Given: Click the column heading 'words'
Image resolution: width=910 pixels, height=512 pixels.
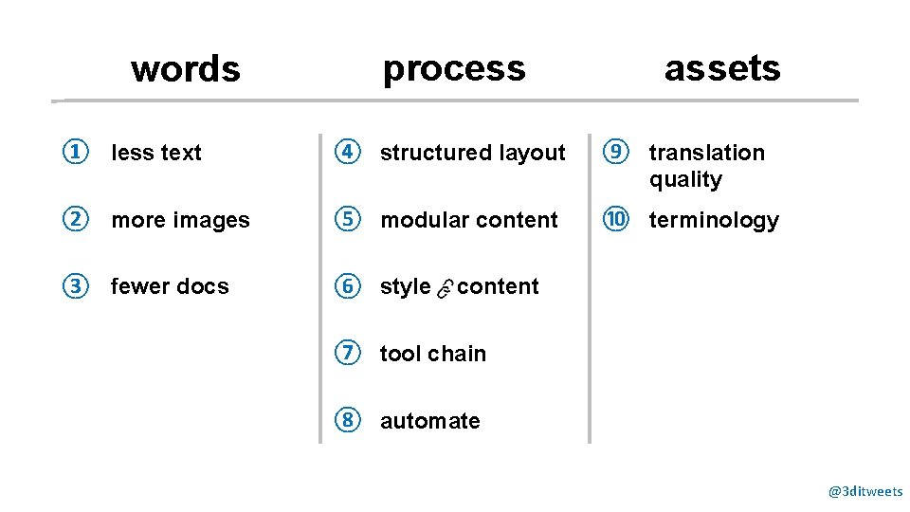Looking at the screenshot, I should [186, 69].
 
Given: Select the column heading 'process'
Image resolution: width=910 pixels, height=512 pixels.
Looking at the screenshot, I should [453, 68].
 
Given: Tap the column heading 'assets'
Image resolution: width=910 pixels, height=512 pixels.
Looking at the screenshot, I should [721, 68].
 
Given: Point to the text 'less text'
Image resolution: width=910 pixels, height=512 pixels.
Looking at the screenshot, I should [156, 153].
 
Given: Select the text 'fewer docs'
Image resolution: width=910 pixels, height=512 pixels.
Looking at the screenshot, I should [170, 286].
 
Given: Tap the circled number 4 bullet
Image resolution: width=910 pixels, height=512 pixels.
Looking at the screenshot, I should [348, 152].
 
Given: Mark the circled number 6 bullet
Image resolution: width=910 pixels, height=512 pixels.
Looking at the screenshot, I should [348, 286].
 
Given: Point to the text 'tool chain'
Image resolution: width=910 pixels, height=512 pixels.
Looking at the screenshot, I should [432, 354].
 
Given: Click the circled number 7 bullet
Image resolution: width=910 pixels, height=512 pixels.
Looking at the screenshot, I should [348, 353].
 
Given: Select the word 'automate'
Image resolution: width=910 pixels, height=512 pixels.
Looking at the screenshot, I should [429, 421].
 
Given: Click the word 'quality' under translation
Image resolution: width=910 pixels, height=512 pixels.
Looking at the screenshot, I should [685, 180].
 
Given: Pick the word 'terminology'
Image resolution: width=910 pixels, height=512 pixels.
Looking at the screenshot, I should [713, 220].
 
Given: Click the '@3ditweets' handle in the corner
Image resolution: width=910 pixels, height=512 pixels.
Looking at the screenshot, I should [865, 491].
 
